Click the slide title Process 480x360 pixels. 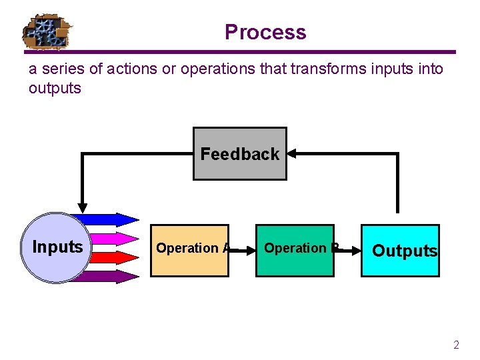point(265,32)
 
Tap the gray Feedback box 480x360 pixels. point(240,154)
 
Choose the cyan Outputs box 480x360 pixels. point(400,251)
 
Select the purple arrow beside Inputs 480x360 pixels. point(107,277)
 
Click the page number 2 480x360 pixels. point(456,345)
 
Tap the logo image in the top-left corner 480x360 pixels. point(47,31)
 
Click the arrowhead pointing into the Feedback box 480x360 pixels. point(291,153)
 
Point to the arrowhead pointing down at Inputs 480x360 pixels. point(82,206)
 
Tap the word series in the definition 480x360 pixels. point(59,69)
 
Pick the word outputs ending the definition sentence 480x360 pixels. point(55,88)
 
